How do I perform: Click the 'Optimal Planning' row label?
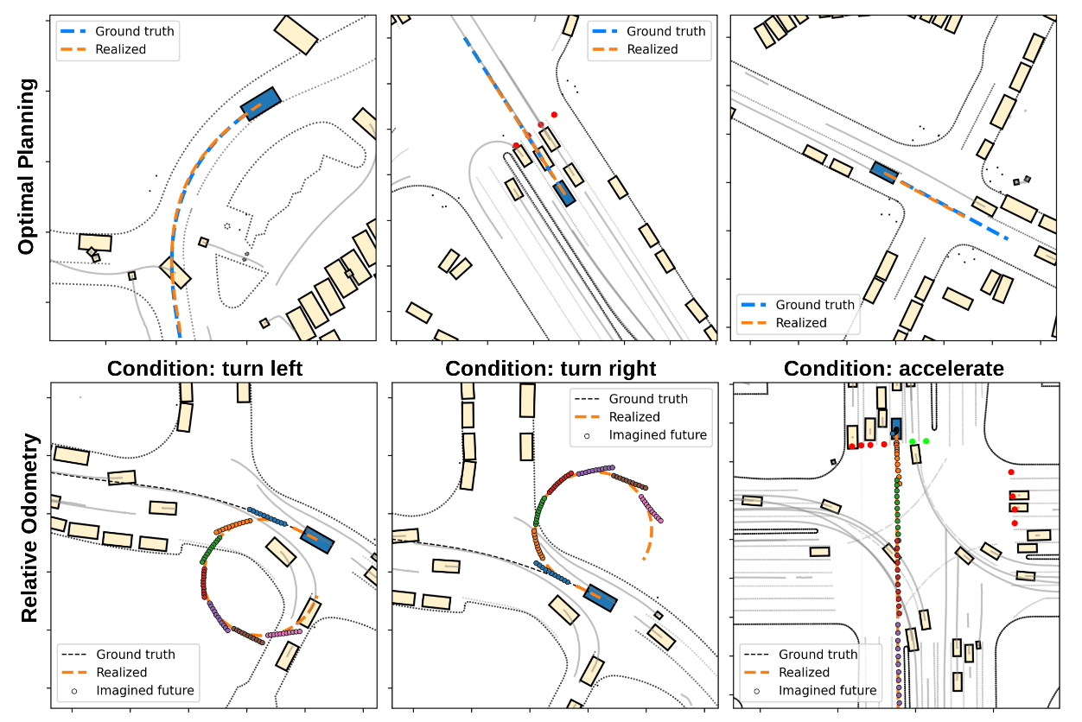point(27,166)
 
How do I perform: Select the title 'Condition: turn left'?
point(205,369)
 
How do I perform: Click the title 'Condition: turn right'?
point(551,369)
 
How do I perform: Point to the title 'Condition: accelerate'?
point(894,369)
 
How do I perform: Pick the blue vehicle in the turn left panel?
point(317,539)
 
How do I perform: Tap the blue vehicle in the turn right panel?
point(600,597)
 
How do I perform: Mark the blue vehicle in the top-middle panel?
point(564,193)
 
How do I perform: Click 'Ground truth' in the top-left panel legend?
point(134,31)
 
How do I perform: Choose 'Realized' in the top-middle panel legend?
point(652,49)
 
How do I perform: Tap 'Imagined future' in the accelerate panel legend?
point(827,690)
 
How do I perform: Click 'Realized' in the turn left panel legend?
point(121,672)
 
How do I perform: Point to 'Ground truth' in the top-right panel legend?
point(815,304)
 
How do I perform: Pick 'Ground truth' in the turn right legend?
point(648,399)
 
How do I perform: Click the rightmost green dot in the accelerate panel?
point(926,441)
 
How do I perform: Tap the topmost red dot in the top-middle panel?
point(554,114)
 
